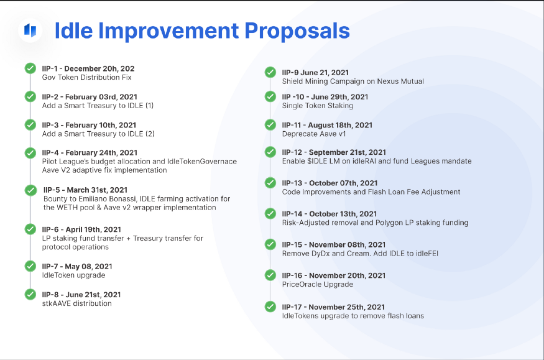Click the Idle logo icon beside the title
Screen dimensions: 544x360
[30, 30]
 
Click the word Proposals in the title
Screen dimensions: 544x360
[297, 31]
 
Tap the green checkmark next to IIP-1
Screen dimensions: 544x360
[30, 68]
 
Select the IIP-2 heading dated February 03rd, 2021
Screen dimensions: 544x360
[90, 97]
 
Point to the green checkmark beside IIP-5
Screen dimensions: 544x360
[30, 190]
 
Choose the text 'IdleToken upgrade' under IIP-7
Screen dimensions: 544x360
[73, 275]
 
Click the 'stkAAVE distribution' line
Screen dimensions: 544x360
[76, 303]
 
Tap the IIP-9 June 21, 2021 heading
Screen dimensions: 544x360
[315, 73]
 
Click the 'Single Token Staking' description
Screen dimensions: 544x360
[318, 106]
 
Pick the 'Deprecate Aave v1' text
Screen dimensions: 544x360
[313, 134]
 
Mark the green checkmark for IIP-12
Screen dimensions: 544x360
[270, 152]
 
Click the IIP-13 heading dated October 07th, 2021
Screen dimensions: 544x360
[330, 183]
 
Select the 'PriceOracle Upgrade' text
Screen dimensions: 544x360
[318, 284]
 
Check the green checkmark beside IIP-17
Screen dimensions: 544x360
[270, 307]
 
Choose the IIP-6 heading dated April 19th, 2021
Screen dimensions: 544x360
[81, 229]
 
